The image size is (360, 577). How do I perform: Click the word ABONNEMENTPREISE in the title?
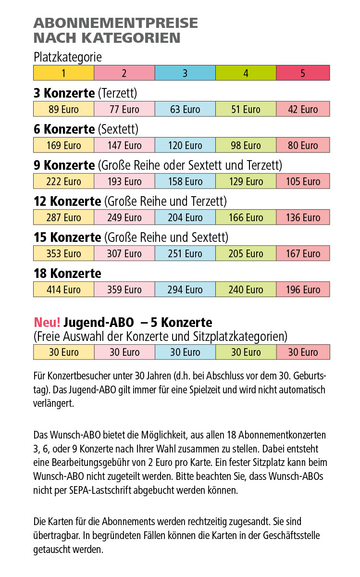coord(116,23)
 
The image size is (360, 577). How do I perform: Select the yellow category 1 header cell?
coord(63,73)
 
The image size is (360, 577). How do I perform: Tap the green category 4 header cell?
coord(246,73)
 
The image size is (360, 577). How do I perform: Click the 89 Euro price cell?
coord(63,109)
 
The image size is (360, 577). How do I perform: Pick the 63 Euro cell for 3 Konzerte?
coord(185,109)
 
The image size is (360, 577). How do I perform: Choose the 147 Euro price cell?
coord(124,145)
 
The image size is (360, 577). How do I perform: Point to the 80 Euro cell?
coord(303,145)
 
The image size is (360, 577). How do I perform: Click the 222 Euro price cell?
coord(63,181)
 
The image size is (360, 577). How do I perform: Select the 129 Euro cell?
coord(246,181)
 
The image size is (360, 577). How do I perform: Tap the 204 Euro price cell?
coord(185,217)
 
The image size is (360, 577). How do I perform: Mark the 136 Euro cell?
coord(303,217)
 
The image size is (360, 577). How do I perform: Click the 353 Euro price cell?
coord(63,253)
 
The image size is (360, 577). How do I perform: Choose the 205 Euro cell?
coord(246,253)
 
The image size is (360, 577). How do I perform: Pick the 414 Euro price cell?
coord(63,289)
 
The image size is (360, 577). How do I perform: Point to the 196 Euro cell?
coord(303,289)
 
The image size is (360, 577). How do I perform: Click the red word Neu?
coord(47,322)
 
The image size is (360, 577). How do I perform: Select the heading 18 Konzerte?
coord(67,273)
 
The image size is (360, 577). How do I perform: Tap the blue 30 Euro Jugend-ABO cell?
coord(185,352)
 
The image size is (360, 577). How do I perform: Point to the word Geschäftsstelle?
coord(291,535)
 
